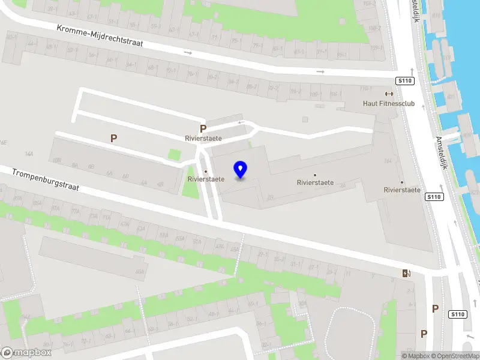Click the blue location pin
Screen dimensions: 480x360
pyautogui.click(x=241, y=170)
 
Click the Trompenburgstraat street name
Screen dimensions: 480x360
pyautogui.click(x=46, y=180)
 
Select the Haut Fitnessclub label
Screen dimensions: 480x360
pyautogui.click(x=389, y=103)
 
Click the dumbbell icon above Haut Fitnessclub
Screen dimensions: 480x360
pyautogui.click(x=389, y=94)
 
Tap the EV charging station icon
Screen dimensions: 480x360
pyautogui.click(x=407, y=274)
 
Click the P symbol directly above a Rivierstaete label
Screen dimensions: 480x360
pyautogui.click(x=203, y=128)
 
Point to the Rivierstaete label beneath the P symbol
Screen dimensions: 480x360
pyautogui.click(x=203, y=139)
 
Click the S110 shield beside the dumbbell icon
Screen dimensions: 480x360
pyautogui.click(x=404, y=81)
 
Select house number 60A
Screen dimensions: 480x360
pyautogui.click(x=140, y=271)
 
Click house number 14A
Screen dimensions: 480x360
pyautogui.click(x=29, y=154)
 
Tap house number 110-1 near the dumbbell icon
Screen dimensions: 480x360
pyautogui.click(x=365, y=89)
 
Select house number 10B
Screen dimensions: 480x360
pyautogui.click(x=58, y=160)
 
